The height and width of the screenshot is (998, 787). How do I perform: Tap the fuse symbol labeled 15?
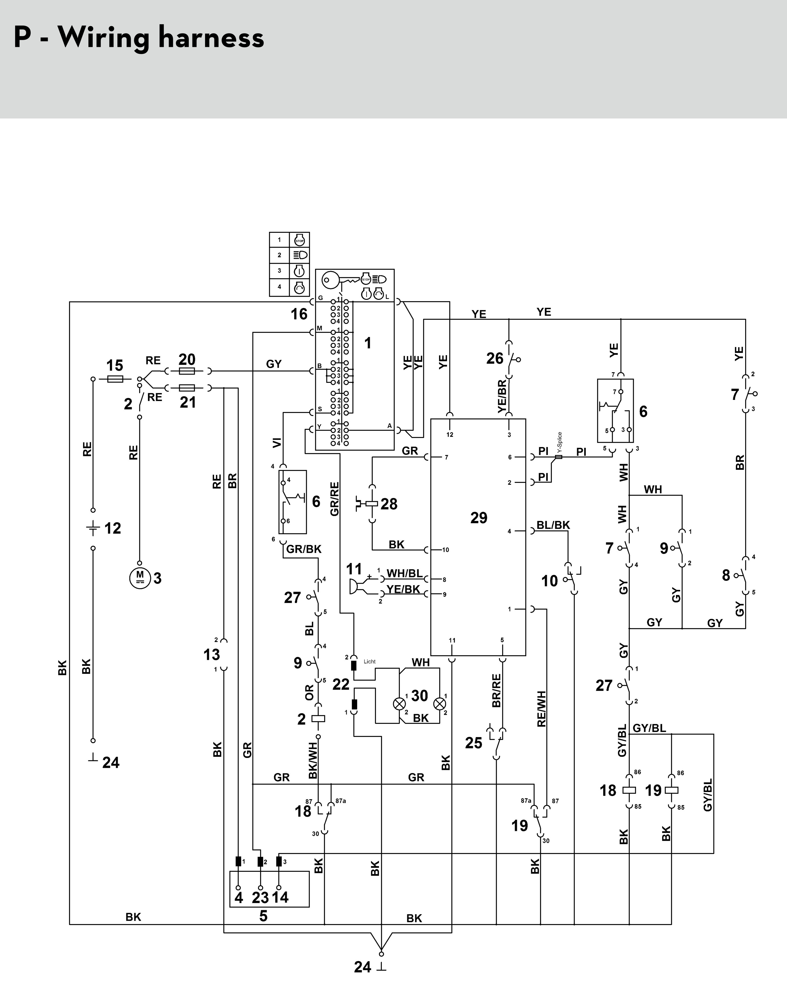tap(115, 379)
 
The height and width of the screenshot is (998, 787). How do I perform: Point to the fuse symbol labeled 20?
tap(186, 371)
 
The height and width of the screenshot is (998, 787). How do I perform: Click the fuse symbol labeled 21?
tap(186, 388)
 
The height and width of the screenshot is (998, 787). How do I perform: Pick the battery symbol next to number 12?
tap(93, 529)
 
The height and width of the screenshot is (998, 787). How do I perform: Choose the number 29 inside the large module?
tap(479, 518)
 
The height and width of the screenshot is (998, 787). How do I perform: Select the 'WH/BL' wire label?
tap(404, 573)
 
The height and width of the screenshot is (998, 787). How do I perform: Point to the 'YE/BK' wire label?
tap(403, 589)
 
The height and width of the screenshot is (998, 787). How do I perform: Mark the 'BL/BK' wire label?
tap(553, 525)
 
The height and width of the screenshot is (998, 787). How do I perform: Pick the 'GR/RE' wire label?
tap(335, 498)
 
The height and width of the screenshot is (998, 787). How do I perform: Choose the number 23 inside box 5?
tap(260, 897)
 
